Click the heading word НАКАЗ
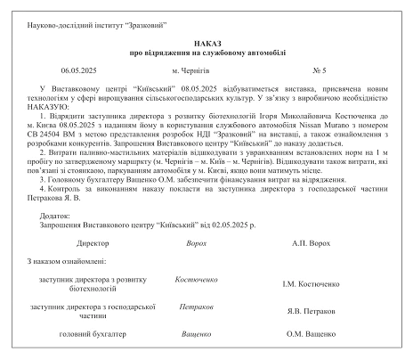(206, 43)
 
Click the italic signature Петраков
(196, 306)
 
